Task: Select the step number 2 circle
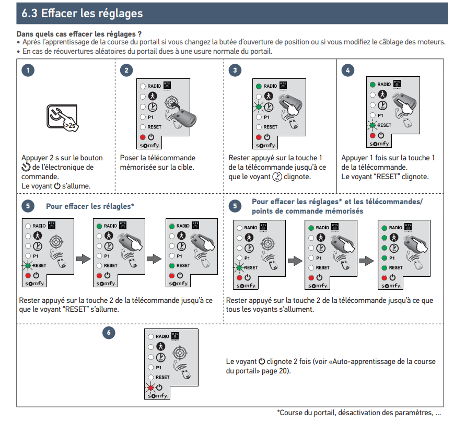point(126,70)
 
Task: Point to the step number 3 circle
point(236,70)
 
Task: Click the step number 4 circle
point(347,70)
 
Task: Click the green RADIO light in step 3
point(258,86)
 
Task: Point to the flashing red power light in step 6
point(150,387)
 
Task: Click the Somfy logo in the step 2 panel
point(151,145)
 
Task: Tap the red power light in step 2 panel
point(142,136)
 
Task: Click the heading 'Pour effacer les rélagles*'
point(90,206)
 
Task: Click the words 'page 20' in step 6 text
point(278,371)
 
